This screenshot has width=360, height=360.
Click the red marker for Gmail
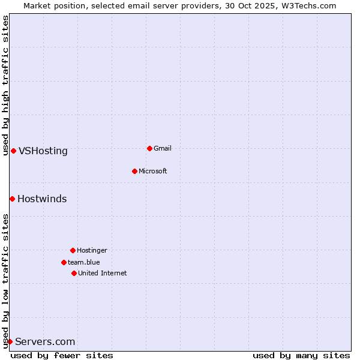149,148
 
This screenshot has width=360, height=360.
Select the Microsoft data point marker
134,171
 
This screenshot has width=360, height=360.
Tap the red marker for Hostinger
73,250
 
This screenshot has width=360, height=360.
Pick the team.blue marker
64,262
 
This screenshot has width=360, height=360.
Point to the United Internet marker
74,273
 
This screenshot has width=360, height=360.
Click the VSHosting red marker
13,151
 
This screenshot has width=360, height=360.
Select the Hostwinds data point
12,199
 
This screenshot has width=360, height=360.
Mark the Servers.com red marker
10,341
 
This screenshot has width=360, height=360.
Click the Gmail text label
163,148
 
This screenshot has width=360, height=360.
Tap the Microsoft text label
153,171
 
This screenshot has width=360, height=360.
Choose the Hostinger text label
92,250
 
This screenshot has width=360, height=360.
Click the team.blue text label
84,262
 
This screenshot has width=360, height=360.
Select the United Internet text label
103,273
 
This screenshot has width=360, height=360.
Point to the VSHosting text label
43,151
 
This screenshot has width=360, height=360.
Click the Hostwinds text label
42,199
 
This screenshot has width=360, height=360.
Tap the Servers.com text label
45,341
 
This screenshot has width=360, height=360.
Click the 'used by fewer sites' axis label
62,355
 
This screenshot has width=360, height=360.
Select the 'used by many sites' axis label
301,355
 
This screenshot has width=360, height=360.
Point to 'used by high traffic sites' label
5,85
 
